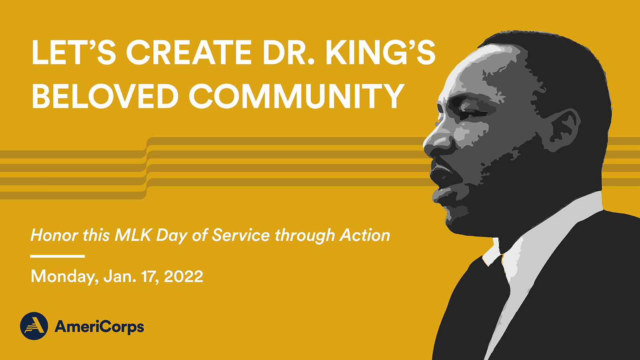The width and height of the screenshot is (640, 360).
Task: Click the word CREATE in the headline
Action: (x=188, y=52)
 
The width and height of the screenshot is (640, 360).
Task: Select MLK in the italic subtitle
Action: (x=132, y=236)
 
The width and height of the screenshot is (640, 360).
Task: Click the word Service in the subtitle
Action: (x=241, y=236)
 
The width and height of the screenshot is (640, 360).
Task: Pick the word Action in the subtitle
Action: (x=365, y=236)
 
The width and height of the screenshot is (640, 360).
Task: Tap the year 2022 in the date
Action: (x=184, y=276)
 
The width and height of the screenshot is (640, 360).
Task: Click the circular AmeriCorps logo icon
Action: (x=34, y=326)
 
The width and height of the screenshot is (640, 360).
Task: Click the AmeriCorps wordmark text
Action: (x=99, y=327)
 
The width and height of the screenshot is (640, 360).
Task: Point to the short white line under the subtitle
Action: (x=58, y=256)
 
